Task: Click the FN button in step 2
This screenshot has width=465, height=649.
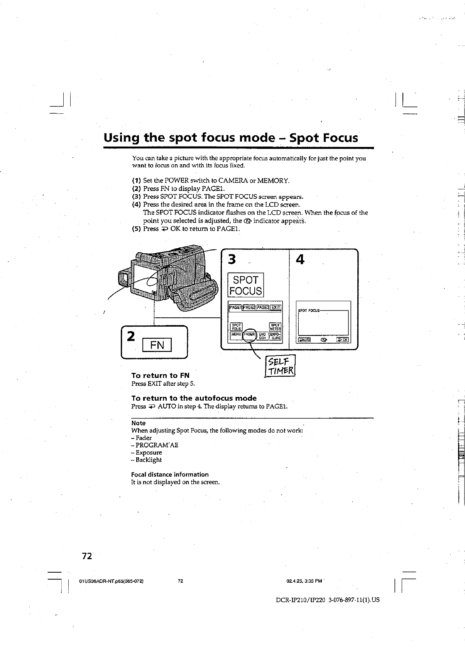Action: point(157,344)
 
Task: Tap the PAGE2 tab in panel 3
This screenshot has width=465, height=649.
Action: point(249,307)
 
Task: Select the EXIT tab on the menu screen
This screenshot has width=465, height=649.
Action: point(276,307)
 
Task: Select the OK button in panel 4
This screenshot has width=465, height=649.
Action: point(342,340)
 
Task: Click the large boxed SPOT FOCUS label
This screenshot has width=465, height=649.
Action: point(246,285)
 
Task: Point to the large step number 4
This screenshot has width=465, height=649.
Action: point(300,260)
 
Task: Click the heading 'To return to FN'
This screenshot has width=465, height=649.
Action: point(160,375)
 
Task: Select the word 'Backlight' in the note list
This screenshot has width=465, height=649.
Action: point(149,460)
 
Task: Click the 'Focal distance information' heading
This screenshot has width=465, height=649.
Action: point(170,474)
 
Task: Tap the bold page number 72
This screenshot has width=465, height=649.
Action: point(86,556)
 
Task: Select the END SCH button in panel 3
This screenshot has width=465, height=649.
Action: point(263,336)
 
